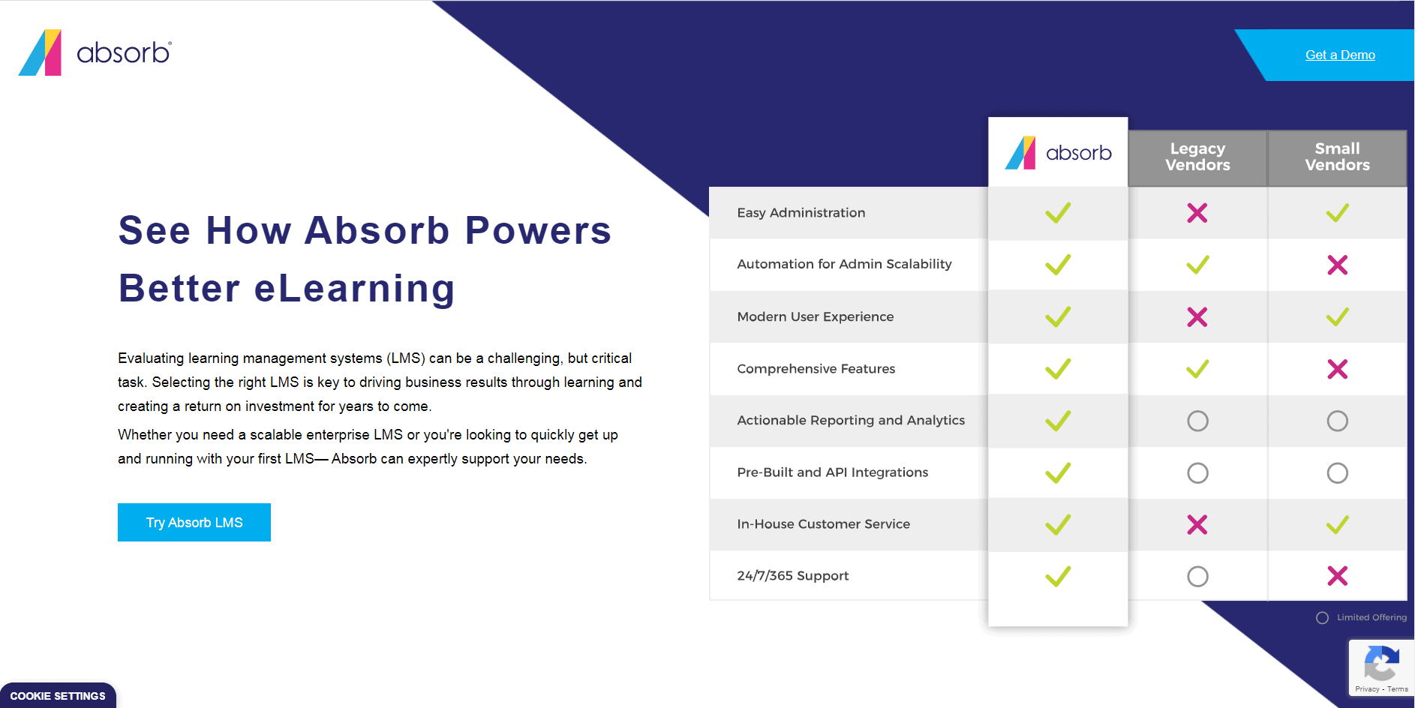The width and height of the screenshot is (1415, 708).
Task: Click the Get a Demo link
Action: tap(1340, 55)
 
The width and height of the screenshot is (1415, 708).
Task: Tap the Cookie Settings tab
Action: tap(58, 695)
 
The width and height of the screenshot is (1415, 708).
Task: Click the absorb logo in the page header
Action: tap(95, 52)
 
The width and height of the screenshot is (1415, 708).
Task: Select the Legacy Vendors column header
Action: tap(1197, 157)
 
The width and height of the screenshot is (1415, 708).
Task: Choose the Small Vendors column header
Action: tap(1337, 157)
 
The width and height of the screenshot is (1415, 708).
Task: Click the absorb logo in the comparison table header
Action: tap(1058, 153)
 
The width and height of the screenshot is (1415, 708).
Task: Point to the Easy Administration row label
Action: tap(801, 213)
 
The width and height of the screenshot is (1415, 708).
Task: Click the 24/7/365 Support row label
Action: tap(792, 576)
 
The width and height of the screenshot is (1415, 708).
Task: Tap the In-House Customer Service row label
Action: tap(823, 524)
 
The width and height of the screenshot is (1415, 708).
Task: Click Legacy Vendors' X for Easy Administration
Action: tap(1197, 213)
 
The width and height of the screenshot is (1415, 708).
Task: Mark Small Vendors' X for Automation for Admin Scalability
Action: tap(1337, 265)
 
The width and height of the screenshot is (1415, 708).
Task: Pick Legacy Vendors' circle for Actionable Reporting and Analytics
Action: tap(1197, 421)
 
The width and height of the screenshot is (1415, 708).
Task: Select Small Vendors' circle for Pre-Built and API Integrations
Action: tap(1337, 472)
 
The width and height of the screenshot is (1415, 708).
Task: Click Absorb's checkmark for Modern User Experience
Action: tap(1058, 316)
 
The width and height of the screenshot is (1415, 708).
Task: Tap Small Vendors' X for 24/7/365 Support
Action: tap(1337, 576)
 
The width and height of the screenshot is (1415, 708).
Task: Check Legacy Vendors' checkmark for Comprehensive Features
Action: tap(1197, 369)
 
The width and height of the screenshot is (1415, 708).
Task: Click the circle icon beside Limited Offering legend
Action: tap(1322, 618)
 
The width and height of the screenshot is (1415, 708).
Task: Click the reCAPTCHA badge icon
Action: tap(1380, 662)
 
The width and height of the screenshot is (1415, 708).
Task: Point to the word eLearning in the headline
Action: tap(355, 289)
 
